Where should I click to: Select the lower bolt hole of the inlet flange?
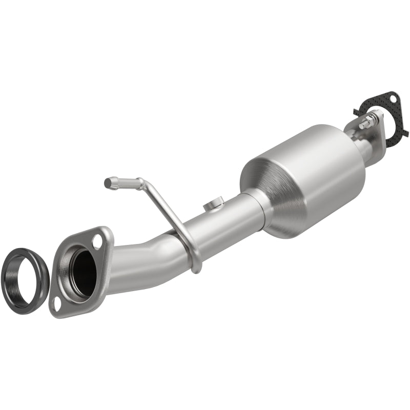[x=57, y=302]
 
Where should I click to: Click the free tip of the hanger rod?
[x=108, y=181]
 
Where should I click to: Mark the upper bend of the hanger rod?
[x=141, y=182]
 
